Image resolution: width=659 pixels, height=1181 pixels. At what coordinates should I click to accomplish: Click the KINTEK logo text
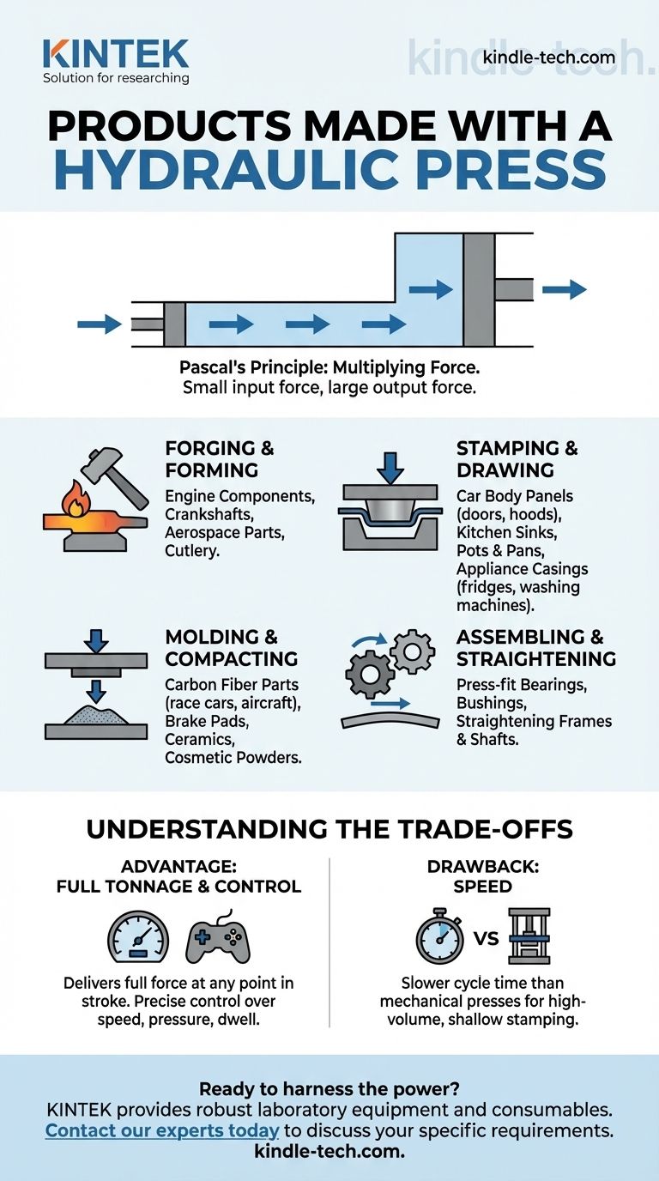115,53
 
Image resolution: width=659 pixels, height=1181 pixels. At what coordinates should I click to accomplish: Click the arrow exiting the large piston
565,289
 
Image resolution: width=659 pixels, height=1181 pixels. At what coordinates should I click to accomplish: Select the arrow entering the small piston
100,324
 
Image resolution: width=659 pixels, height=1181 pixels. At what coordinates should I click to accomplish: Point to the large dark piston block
478,289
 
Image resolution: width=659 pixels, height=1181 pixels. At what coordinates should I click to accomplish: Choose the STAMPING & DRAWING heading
517,459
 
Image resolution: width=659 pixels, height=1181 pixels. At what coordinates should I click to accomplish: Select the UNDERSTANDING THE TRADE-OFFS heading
329,829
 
